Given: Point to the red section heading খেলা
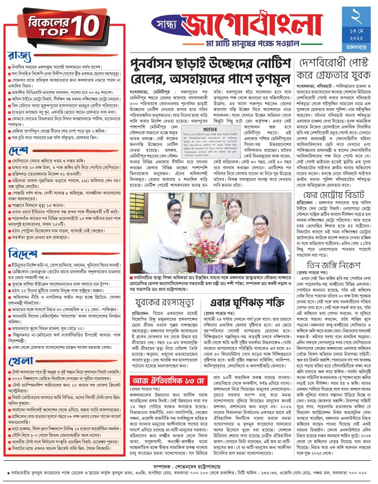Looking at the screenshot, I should coord(21,374).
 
